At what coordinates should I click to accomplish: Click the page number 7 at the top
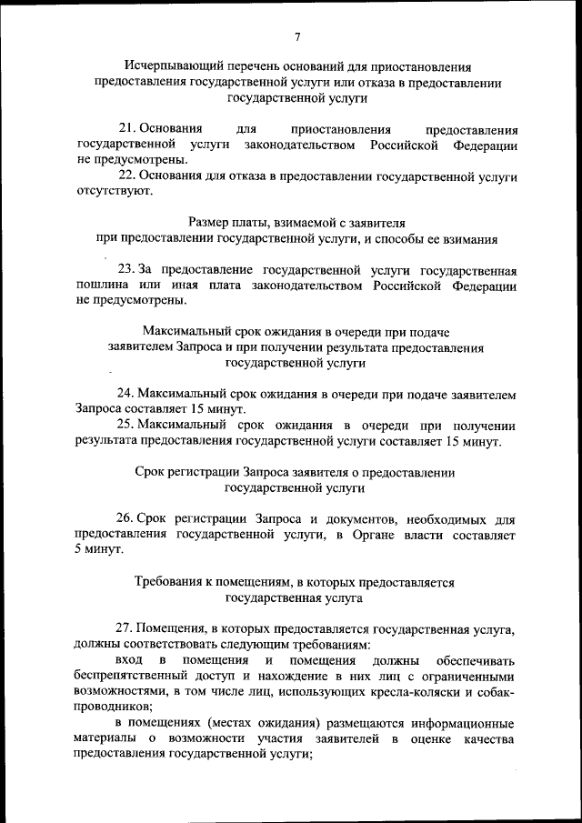(297, 36)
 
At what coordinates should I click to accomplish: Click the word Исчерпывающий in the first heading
(167, 65)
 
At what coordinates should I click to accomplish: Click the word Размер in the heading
(210, 222)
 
